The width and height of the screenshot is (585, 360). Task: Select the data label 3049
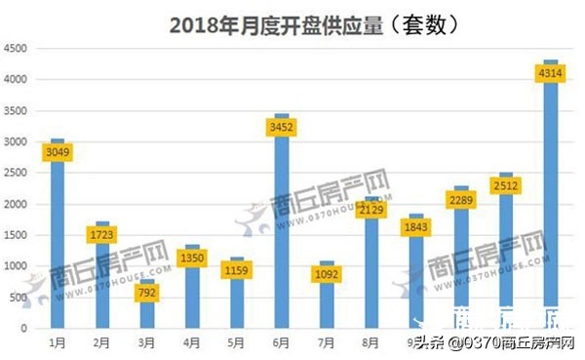pos(58,152)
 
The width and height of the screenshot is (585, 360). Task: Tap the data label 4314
pos(550,72)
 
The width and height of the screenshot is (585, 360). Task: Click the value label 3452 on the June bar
pos(282,126)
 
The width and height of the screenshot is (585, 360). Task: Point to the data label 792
pos(147,292)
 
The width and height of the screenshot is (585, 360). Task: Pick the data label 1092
pos(326,274)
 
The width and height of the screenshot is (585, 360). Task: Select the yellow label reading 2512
pos(505,184)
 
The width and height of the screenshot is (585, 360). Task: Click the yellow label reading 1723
pos(102,235)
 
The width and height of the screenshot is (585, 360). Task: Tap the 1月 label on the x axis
pos(58,343)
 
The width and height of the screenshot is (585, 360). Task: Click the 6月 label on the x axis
pos(281,343)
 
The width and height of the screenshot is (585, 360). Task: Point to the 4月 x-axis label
pos(192,343)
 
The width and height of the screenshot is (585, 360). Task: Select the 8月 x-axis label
pos(370,343)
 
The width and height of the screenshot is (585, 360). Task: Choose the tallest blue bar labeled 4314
pos(550,195)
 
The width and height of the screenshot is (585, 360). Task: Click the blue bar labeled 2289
pos(460,254)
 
